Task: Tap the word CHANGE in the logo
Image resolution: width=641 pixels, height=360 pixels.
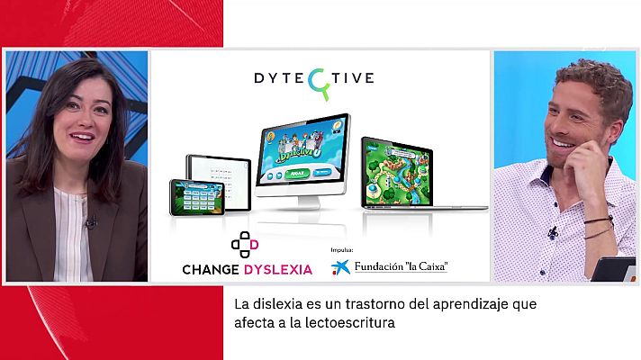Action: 210,268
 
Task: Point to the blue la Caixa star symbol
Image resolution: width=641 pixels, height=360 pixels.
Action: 339,267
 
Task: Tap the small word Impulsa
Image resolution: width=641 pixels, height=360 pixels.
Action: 342,250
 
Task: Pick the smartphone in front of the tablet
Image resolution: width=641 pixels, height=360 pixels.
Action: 196,198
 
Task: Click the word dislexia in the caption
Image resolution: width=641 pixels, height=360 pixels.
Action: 270,304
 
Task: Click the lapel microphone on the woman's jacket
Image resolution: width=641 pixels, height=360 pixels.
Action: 90,221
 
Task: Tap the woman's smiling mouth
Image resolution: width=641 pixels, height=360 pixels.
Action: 81,137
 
